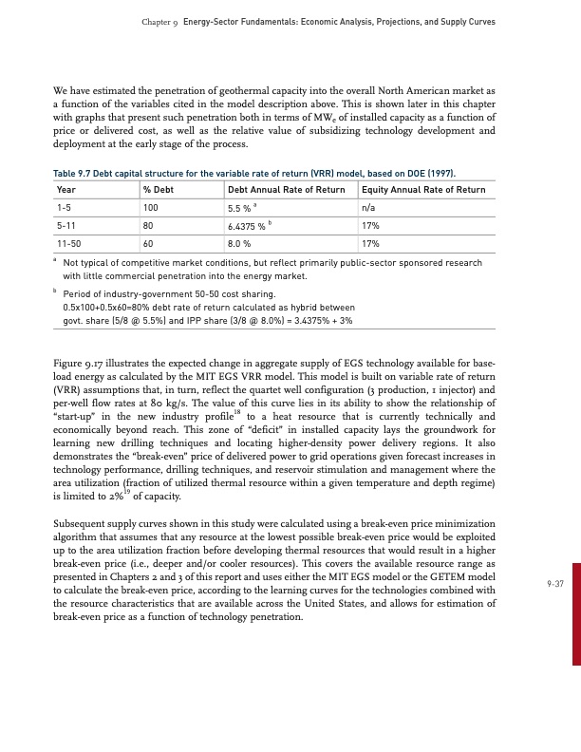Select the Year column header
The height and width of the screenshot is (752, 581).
(66, 190)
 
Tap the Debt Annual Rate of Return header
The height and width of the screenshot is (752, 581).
(286, 190)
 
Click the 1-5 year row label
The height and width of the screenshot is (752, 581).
(66, 207)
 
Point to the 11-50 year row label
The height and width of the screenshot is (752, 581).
(70, 243)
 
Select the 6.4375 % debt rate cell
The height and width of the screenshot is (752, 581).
(249, 226)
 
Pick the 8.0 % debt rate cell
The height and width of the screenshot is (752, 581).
(239, 243)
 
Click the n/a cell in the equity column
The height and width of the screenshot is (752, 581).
(369, 207)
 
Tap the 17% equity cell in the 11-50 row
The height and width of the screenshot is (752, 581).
(370, 243)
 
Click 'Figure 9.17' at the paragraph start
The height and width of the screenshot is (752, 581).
(79, 363)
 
